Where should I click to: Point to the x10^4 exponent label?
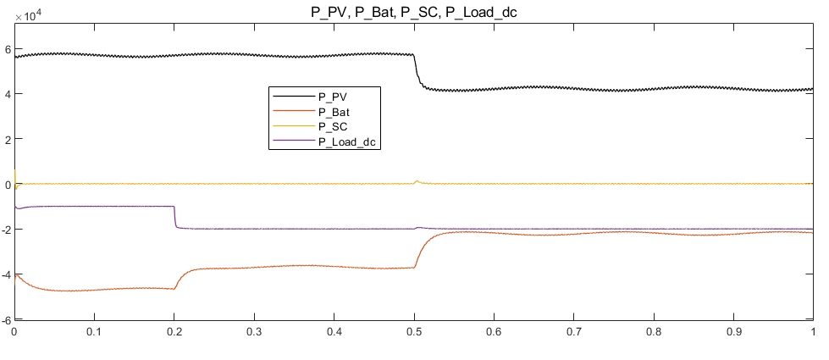point(27,15)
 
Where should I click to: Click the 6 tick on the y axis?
point(8,48)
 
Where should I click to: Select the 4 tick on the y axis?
point(8,94)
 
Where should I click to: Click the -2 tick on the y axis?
point(6,230)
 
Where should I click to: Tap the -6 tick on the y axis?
point(6,320)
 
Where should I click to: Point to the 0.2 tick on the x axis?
point(174,334)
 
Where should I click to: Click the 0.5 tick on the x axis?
point(414,334)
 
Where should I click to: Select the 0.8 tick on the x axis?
point(654,334)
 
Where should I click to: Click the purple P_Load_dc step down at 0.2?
point(174,217)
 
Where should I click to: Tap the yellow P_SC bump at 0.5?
point(417,180)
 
